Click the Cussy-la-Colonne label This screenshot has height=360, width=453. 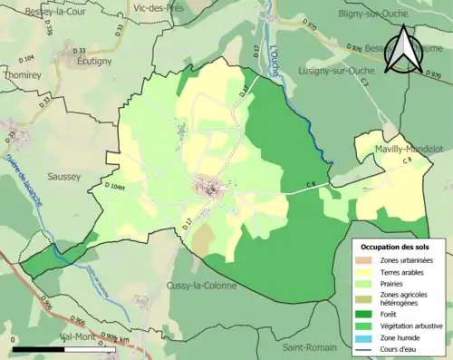pyautogui.click(x=202, y=286)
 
